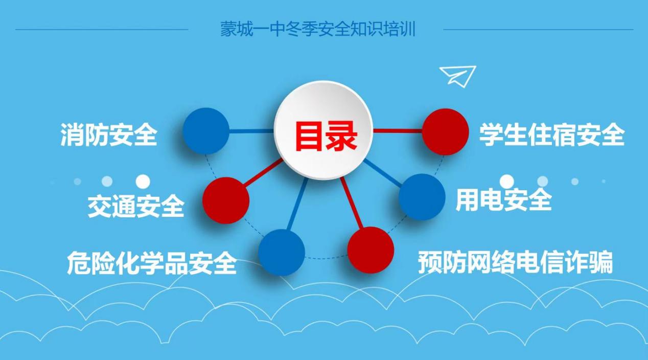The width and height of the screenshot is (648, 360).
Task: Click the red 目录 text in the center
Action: point(326,136)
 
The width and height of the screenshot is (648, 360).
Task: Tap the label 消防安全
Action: point(109,134)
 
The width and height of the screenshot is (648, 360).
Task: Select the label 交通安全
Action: point(136,206)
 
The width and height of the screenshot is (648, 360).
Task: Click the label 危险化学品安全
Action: point(152,262)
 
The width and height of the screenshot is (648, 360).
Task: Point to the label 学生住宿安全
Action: point(551,134)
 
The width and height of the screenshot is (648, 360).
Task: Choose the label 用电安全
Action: point(504,199)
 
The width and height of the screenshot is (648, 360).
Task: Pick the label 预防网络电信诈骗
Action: point(515,262)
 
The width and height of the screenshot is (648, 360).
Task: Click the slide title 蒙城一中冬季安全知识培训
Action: point(318,29)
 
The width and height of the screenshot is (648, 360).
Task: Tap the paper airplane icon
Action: point(458,76)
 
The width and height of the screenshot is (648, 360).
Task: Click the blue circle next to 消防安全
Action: point(206,131)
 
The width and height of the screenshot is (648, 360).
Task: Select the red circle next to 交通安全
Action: point(226,200)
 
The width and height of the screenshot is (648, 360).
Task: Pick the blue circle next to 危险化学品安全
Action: point(282,252)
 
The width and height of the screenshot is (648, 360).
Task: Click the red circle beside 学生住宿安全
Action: point(445,131)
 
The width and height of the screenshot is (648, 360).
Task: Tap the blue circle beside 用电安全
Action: point(422,197)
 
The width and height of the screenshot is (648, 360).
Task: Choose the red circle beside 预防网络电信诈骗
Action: point(371,250)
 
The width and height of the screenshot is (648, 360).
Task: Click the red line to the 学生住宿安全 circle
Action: point(398,131)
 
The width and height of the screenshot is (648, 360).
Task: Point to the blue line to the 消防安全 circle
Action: point(251,131)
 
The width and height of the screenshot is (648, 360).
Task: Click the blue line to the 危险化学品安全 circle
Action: point(297,204)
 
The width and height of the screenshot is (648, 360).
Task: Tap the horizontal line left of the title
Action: point(102,29)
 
